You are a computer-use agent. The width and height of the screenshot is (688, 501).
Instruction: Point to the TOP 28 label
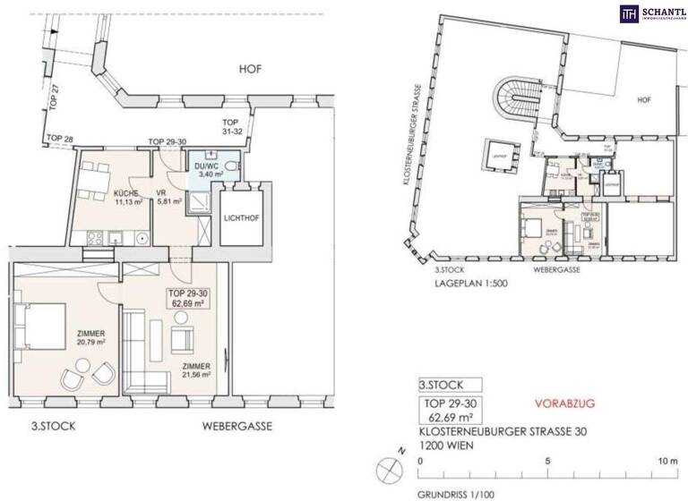click(60, 139)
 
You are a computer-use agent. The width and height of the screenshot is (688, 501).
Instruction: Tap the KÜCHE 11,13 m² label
click(128, 198)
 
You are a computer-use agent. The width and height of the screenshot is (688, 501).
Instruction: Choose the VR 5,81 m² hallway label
click(168, 198)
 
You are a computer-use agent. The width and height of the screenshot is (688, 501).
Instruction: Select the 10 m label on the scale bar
click(666, 461)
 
